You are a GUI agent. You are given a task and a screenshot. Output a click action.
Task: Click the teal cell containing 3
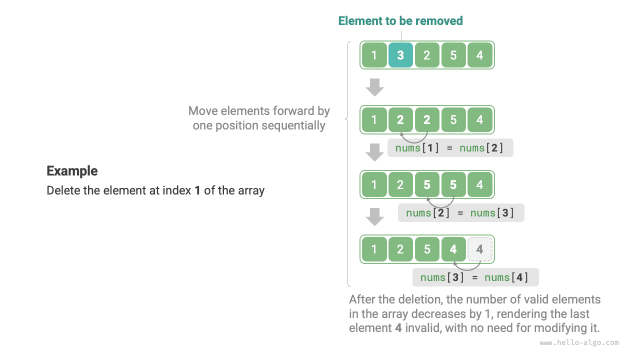400,55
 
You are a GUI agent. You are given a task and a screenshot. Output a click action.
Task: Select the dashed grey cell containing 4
479,249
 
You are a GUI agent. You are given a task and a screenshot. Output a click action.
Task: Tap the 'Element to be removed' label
400,21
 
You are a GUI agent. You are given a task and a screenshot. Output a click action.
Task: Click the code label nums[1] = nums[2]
450,148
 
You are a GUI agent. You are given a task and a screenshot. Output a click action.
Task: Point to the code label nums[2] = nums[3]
460,213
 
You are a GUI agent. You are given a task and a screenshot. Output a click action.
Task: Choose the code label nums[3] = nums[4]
475,277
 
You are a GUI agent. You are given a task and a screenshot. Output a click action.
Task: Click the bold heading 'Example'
72,171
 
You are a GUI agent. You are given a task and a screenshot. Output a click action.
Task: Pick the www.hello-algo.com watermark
579,343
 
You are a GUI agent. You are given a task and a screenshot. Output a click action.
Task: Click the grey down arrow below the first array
374,87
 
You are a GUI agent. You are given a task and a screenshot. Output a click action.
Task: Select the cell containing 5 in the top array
453,55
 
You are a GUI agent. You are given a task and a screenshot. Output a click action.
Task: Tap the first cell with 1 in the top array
374,55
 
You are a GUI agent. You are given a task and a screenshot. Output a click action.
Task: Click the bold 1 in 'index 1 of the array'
197,190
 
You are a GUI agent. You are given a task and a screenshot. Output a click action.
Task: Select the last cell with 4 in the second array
479,120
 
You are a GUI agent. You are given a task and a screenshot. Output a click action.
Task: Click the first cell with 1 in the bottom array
374,249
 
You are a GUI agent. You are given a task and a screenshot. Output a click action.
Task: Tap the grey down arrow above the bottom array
374,217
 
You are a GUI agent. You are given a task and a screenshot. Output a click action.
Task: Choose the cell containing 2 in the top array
426,55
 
